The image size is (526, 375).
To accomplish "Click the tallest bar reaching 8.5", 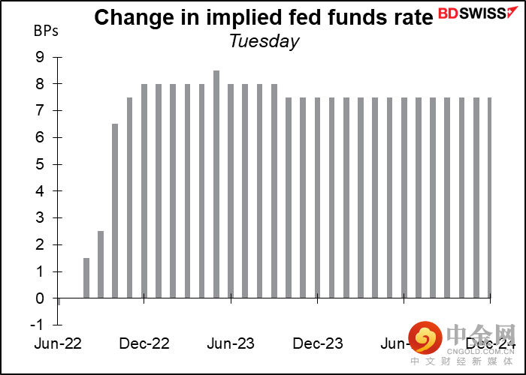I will (x=216, y=184).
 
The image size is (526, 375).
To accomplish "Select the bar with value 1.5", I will (x=86, y=277).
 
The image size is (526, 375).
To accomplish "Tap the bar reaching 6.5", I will (x=115, y=211).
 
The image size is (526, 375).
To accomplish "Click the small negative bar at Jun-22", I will (x=58, y=301).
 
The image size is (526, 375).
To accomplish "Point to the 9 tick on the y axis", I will (x=39, y=57).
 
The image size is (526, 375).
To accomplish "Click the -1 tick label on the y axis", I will (x=37, y=325).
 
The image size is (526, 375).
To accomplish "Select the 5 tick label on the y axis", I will (x=39, y=164).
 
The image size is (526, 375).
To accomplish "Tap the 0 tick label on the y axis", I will (x=39, y=298).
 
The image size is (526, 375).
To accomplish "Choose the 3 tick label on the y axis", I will (x=39, y=218).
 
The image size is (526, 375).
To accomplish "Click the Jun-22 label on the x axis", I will (x=59, y=343).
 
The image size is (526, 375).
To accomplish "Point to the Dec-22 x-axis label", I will (x=146, y=343).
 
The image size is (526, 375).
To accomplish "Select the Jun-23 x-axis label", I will (x=231, y=343).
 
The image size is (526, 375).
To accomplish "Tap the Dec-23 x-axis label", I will (x=318, y=343).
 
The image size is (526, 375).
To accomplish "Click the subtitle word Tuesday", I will (x=264, y=41).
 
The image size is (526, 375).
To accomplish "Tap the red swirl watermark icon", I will (x=425, y=339).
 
